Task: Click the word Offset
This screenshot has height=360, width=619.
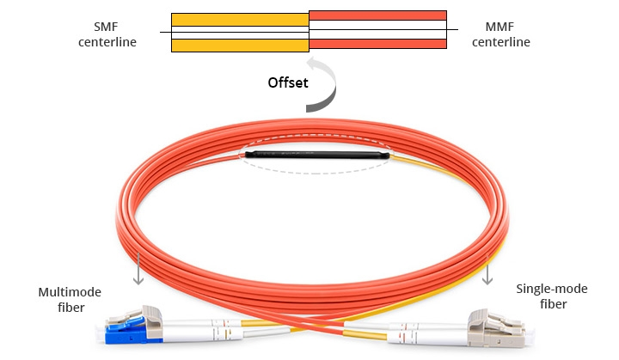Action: coord(289,84)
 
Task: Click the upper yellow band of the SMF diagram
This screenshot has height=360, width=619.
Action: coord(240,18)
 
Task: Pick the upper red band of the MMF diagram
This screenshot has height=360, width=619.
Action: coord(377,15)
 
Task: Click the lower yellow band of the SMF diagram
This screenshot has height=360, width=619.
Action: coord(240,45)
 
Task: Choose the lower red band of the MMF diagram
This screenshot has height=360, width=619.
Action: coord(377,43)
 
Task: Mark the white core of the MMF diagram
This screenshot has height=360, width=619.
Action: coord(377,29)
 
